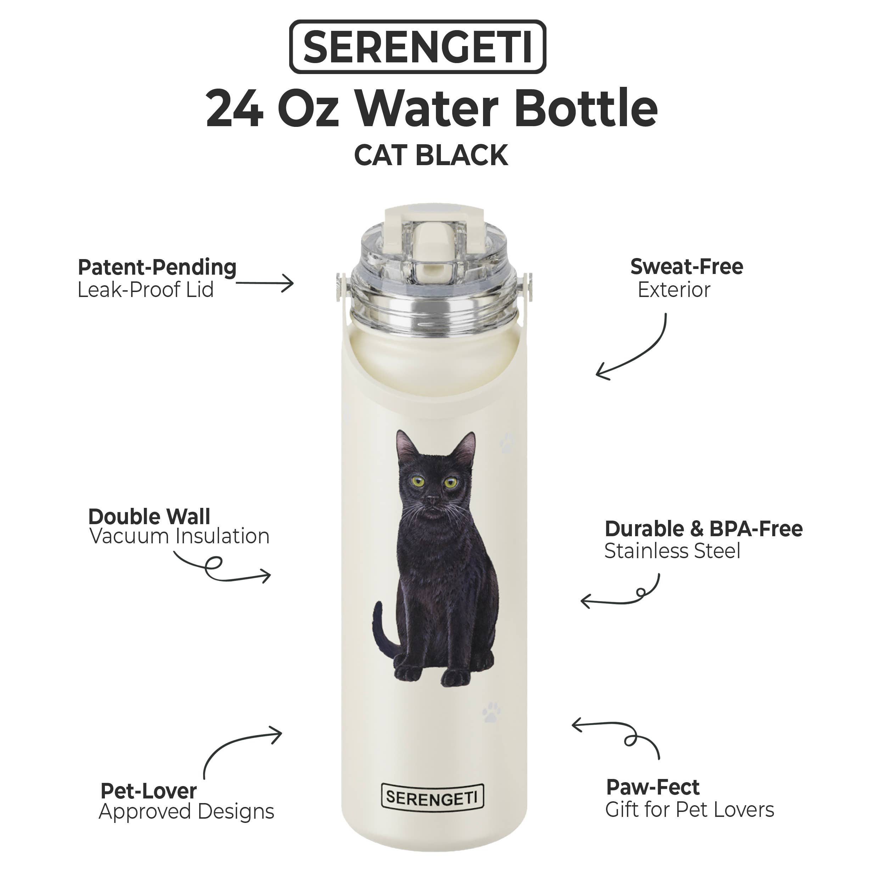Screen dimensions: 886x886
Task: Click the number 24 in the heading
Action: tap(235, 110)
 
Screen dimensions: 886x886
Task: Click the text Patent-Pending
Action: tap(157, 267)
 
